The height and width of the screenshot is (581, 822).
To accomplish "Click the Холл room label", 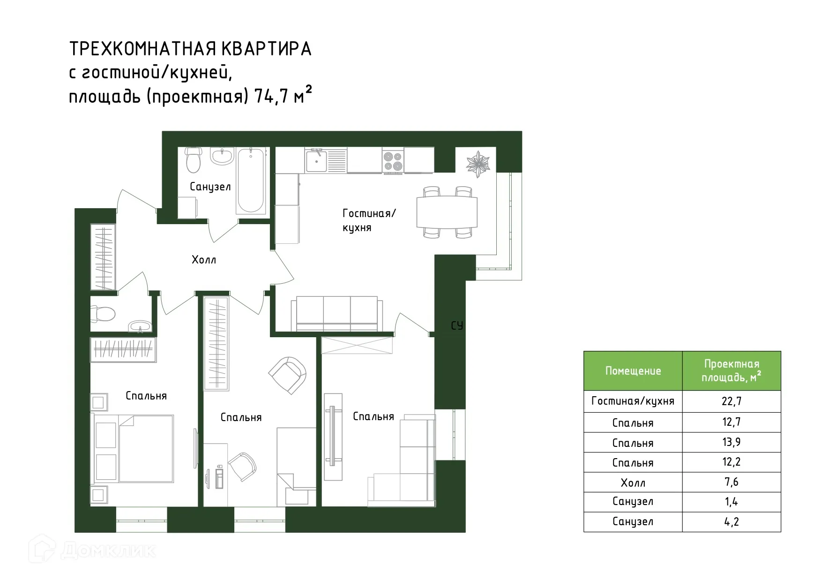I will pos(204,260).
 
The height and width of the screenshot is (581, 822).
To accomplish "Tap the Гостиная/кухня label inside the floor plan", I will pos(369,220).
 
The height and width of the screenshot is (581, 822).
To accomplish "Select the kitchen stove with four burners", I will pos(393,160).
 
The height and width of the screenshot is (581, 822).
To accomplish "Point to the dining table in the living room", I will pos(447,212).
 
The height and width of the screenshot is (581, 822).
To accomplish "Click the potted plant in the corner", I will pos(478,163).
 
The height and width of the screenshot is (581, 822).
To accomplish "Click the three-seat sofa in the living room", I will pos(336,313).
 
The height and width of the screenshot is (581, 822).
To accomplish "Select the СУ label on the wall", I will pos(457,325).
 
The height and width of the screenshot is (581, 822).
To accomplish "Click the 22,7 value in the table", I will pos(731,401).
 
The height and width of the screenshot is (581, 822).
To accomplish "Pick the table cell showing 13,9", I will pos(731,442).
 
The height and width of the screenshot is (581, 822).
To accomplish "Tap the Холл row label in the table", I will pos(633,483).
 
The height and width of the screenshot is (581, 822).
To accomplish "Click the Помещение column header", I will pos(633,371).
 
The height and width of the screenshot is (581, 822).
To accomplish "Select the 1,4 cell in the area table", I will pos(731,502).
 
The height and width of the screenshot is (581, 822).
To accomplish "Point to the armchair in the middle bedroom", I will pos(287,375).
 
